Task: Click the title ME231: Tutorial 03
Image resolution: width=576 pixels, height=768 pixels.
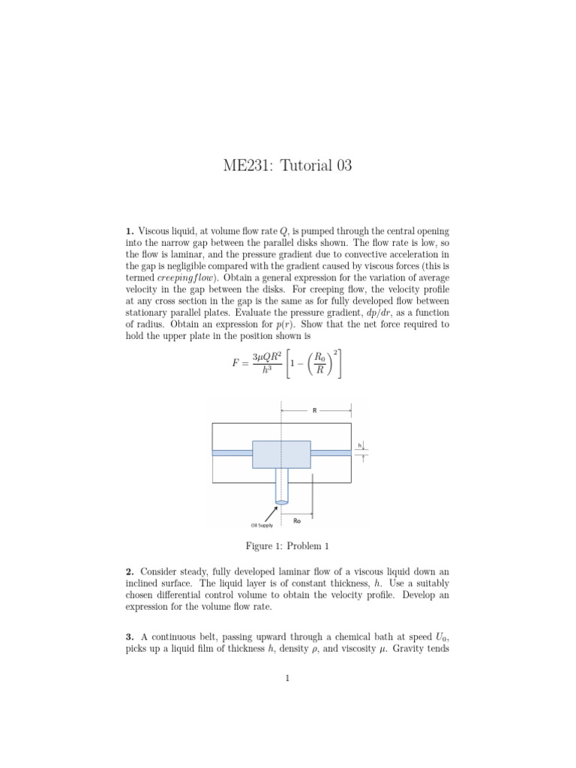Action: point(287,166)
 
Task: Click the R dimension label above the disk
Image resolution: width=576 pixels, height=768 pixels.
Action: point(314,410)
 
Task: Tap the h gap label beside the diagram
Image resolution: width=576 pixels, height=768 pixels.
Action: point(359,445)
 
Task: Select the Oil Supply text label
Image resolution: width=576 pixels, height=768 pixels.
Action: point(262,525)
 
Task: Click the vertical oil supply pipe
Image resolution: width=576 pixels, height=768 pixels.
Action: point(281,486)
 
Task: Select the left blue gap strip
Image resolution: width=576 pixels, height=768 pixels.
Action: point(232,452)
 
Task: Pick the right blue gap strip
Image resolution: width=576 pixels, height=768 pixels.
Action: point(331,452)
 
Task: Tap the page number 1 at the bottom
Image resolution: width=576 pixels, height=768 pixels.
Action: point(287,679)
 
